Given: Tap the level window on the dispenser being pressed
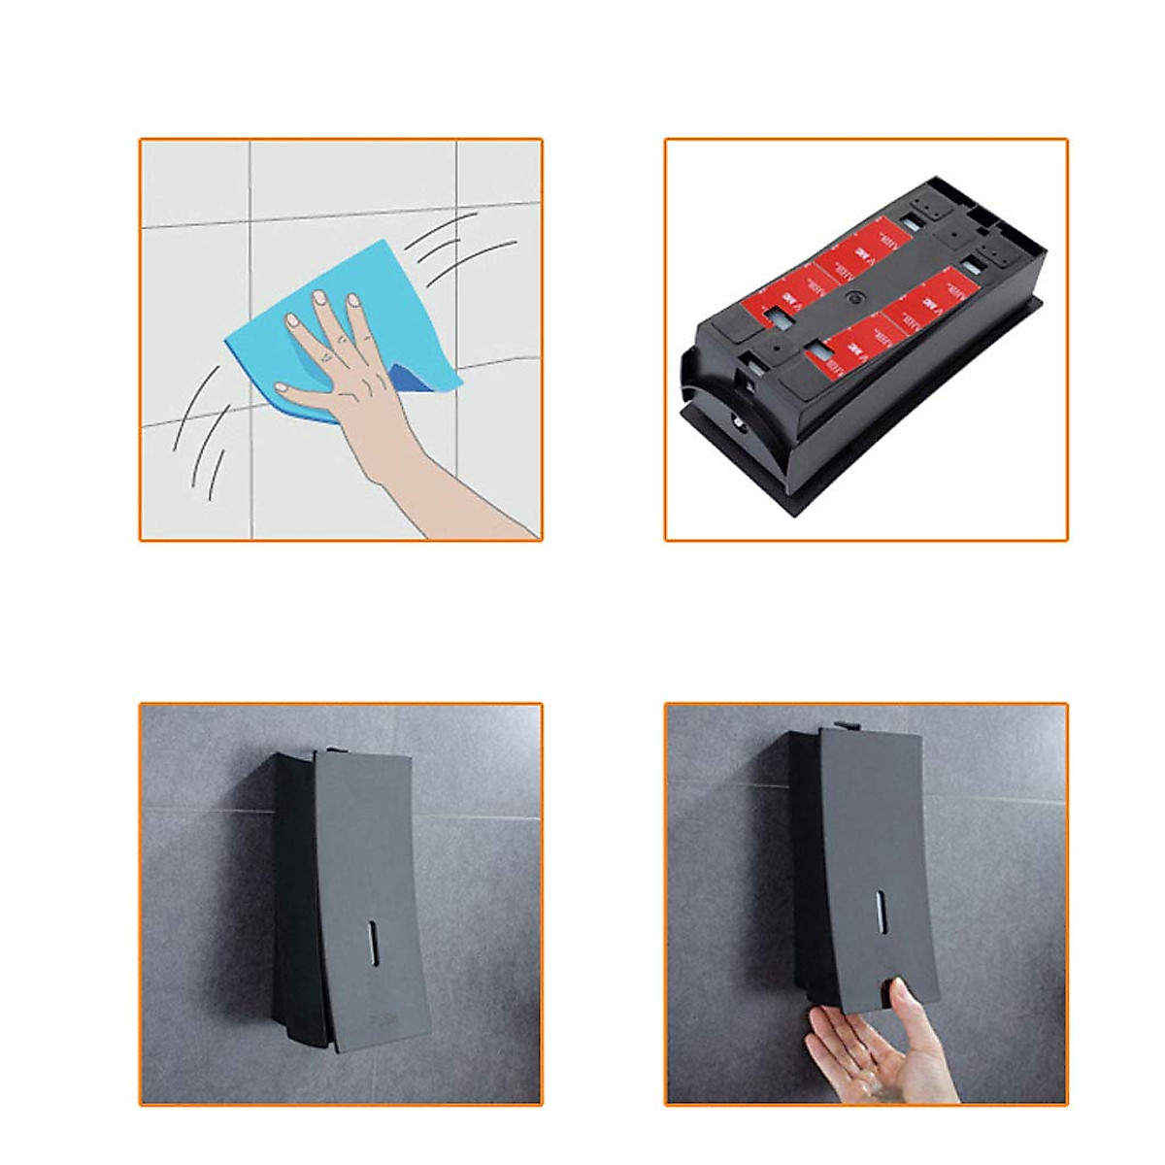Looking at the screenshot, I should click(879, 911).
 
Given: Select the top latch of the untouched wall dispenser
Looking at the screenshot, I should click(331, 749).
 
